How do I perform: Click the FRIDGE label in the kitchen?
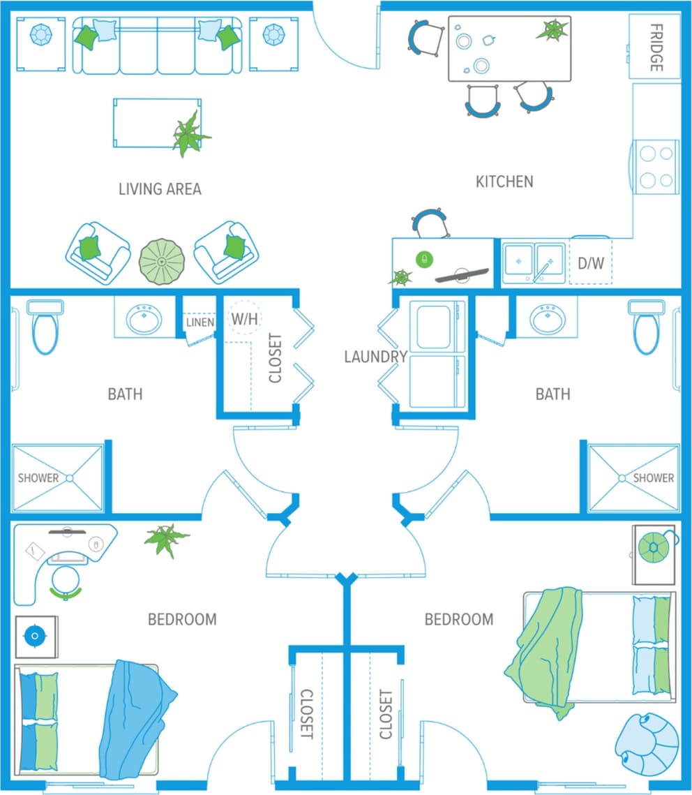click(656, 47)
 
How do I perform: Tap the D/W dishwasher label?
click(591, 263)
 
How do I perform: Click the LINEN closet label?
click(200, 322)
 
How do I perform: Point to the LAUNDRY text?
click(375, 357)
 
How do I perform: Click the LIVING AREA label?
click(160, 188)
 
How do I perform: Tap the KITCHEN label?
click(504, 181)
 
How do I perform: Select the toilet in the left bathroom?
click(46, 327)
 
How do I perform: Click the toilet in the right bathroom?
click(647, 327)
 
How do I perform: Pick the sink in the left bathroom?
click(144, 319)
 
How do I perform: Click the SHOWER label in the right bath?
click(653, 478)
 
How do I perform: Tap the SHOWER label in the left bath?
click(38, 478)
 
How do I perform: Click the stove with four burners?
click(656, 166)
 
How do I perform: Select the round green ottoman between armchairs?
click(162, 261)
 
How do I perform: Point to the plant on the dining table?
click(554, 30)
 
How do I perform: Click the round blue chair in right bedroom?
click(647, 745)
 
